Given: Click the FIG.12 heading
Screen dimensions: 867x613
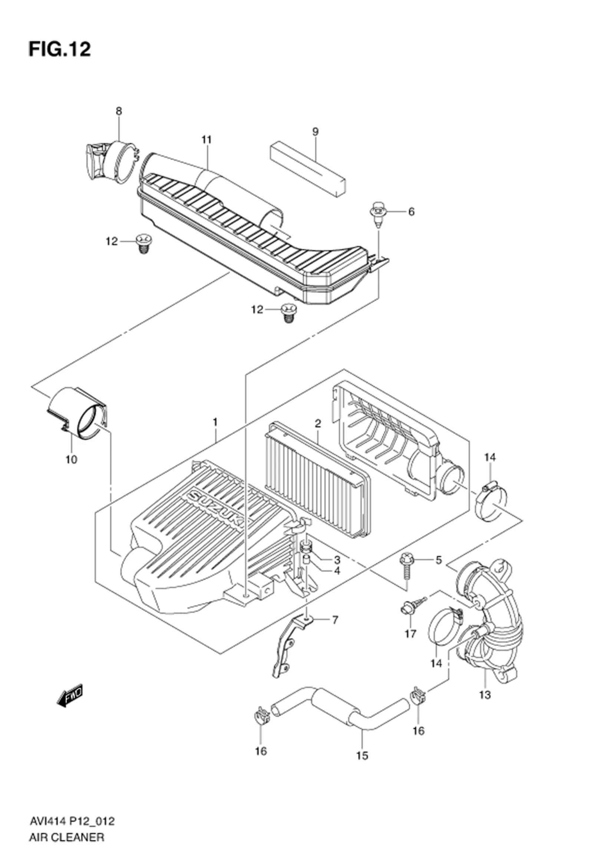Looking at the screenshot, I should [60, 49].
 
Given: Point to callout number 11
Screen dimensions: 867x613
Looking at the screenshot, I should [207, 140].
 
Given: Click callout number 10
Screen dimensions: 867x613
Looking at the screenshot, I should [71, 459].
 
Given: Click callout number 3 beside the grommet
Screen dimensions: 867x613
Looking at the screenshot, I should [337, 560].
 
